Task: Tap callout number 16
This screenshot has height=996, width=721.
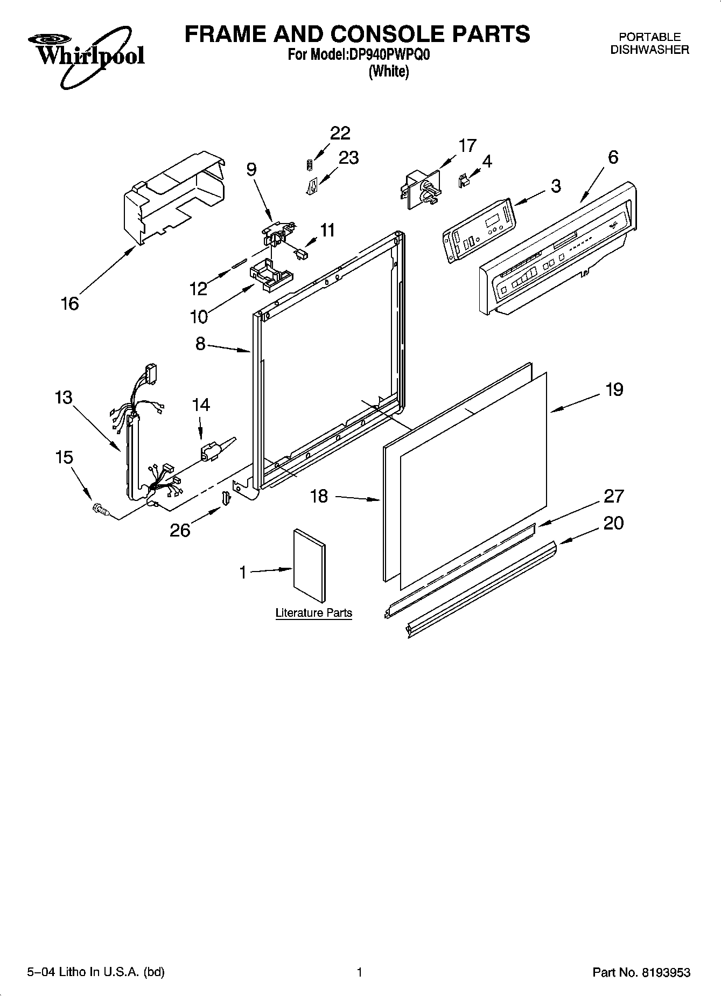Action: tap(70, 303)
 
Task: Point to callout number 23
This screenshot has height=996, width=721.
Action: tap(348, 157)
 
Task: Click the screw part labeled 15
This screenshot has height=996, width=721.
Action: tap(101, 508)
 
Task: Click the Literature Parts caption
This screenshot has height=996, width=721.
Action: tap(313, 612)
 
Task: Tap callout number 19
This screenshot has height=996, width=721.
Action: tap(614, 389)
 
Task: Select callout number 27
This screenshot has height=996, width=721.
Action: tap(614, 496)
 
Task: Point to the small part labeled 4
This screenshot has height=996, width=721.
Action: tap(462, 182)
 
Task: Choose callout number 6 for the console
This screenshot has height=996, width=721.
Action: tap(613, 157)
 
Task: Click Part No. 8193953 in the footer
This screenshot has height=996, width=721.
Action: tap(641, 972)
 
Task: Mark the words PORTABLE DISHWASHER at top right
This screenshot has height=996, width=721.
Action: tap(649, 43)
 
